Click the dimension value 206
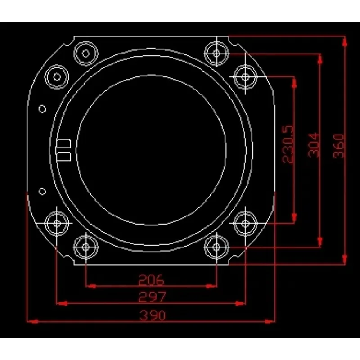[x=151, y=279]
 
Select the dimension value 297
[x=152, y=297]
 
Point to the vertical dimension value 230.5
[x=288, y=144]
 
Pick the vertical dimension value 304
[x=313, y=145]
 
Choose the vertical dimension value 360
[x=338, y=146]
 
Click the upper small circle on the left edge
[x=42, y=109]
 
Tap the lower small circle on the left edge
[x=42, y=192]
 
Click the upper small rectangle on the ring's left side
[x=63, y=144]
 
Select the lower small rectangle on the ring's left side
[x=63, y=156]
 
